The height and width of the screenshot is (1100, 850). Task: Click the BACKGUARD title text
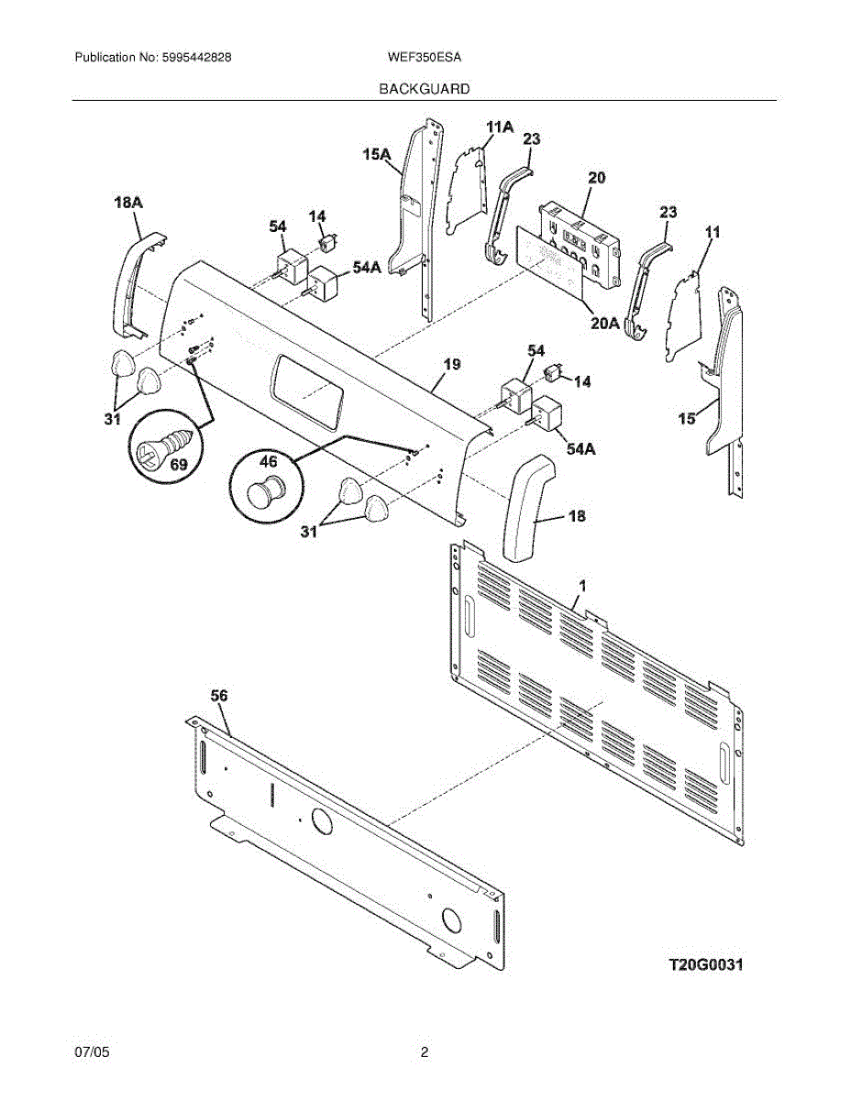[x=425, y=89]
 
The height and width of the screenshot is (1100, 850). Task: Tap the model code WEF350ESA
[x=425, y=57]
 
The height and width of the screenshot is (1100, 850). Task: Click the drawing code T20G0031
[x=704, y=964]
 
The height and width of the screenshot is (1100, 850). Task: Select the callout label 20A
[x=602, y=324]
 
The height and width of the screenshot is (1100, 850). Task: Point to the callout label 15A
[x=377, y=156]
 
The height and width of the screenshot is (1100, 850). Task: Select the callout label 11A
[x=499, y=126]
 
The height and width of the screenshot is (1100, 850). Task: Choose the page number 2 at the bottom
[x=424, y=1052]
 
